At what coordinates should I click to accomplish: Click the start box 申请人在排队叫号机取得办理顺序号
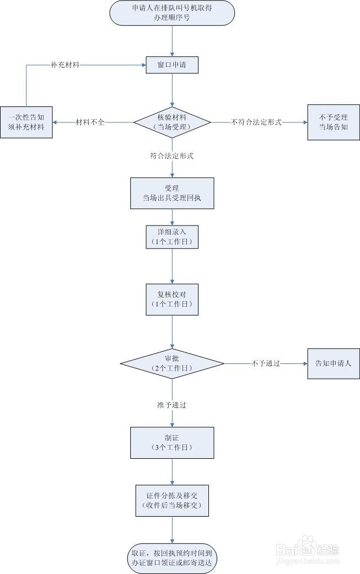pyautogui.click(x=172, y=13)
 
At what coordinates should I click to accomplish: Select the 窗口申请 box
pyautogui.click(x=172, y=65)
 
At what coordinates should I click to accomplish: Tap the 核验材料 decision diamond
pyautogui.click(x=172, y=122)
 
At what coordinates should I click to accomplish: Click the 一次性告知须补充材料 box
pyautogui.click(x=26, y=122)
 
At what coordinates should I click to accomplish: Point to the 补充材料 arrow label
pyautogui.click(x=65, y=65)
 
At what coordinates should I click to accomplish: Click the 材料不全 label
pyautogui.click(x=90, y=122)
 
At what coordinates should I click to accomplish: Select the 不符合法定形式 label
pyautogui.click(x=256, y=122)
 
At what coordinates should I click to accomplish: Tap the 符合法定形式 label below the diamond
pyautogui.click(x=171, y=156)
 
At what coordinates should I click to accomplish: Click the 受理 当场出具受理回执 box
pyautogui.click(x=172, y=194)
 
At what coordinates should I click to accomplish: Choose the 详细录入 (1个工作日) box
pyautogui.click(x=172, y=237)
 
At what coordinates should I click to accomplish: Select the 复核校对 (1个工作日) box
pyautogui.click(x=172, y=299)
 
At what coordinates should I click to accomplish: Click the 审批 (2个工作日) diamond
pyautogui.click(x=172, y=363)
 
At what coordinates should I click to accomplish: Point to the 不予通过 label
pyautogui.click(x=266, y=363)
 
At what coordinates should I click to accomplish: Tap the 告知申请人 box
pyautogui.click(x=333, y=363)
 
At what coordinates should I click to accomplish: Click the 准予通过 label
pyautogui.click(x=171, y=405)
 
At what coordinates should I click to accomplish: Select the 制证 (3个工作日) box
pyautogui.click(x=172, y=442)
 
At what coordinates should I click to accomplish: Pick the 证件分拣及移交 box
pyautogui.click(x=172, y=500)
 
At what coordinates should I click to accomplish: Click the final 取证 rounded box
pyautogui.click(x=172, y=557)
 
